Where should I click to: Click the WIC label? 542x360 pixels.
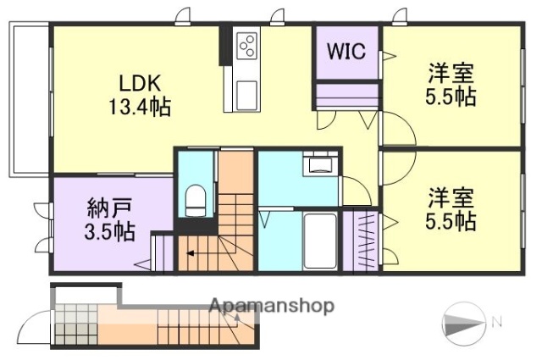click(x=346, y=52)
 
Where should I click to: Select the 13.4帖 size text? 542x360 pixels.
click(x=139, y=107)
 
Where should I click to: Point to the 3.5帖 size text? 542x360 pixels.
click(x=105, y=231)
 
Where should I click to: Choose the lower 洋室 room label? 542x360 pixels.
click(x=450, y=197)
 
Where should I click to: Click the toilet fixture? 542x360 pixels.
click(x=195, y=200)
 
